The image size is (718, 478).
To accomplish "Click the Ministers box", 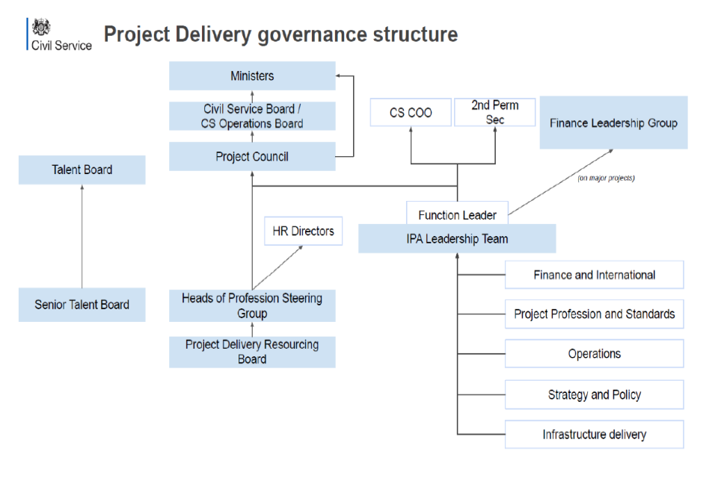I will click(x=252, y=76).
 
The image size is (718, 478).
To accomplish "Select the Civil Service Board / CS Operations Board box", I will click(x=252, y=117).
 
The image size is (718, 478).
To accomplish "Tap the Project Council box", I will click(x=252, y=157).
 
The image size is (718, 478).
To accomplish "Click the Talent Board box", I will click(x=82, y=170).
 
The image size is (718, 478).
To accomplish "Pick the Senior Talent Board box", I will click(x=82, y=305).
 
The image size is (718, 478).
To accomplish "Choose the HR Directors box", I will click(x=303, y=232).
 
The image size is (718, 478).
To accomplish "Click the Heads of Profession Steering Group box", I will click(x=252, y=305).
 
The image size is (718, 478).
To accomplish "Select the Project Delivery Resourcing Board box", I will click(x=252, y=352).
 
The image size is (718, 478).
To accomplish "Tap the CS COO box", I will click(x=411, y=113).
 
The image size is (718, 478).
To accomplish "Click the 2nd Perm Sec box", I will click(x=495, y=113).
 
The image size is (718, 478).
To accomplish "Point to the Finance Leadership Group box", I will click(x=613, y=122).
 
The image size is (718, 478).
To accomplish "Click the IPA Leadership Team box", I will click(x=457, y=239).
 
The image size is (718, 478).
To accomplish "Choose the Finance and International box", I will click(x=595, y=275).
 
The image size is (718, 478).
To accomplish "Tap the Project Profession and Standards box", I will click(x=595, y=314).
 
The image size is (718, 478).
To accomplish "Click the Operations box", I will click(x=595, y=354).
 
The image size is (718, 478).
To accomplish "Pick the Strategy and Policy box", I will click(x=595, y=394).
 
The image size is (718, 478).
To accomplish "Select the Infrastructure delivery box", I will click(x=595, y=435).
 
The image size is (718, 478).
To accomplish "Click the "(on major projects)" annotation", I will click(x=606, y=179).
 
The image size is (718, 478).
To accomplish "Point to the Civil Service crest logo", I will click(x=41, y=27).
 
